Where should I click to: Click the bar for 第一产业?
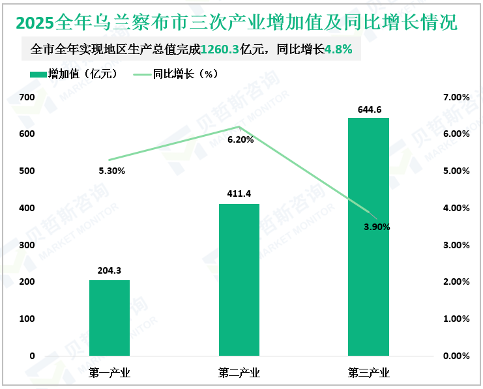(x=109, y=318)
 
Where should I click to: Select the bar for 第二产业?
(x=239, y=280)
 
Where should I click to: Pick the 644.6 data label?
(x=368, y=109)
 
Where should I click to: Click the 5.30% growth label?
(x=111, y=171)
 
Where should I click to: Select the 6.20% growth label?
(x=241, y=139)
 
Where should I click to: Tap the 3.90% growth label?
(x=377, y=227)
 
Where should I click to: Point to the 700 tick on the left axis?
(x=27, y=97)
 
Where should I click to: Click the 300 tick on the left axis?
(x=27, y=245)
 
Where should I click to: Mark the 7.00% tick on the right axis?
(x=456, y=97)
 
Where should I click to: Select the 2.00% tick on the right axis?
(x=456, y=282)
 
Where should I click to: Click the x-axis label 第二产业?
(x=239, y=373)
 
